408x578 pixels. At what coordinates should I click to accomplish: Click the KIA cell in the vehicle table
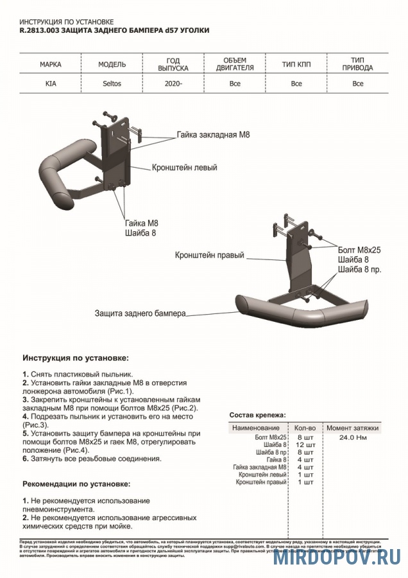(x=49, y=83)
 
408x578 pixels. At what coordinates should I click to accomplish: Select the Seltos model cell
(x=111, y=83)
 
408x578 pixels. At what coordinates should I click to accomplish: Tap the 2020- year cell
(x=173, y=83)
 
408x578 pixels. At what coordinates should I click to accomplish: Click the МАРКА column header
(x=50, y=65)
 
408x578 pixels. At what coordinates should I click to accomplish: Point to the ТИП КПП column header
(x=296, y=65)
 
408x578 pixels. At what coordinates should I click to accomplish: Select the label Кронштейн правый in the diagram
(x=209, y=255)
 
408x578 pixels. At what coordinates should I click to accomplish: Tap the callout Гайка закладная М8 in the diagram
(x=213, y=136)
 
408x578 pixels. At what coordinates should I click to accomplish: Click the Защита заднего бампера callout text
(x=140, y=313)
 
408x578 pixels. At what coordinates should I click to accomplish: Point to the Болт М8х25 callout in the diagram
(x=359, y=250)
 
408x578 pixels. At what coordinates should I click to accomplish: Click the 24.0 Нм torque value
(x=352, y=437)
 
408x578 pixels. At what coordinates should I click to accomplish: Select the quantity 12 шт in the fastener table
(x=305, y=445)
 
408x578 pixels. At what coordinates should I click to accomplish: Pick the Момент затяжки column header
(x=352, y=428)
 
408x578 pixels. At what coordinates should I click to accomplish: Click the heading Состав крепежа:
(x=258, y=415)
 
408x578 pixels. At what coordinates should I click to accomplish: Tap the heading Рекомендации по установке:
(x=76, y=483)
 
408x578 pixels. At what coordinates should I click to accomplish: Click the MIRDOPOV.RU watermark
(x=337, y=557)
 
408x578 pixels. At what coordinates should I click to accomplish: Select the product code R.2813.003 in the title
(x=41, y=30)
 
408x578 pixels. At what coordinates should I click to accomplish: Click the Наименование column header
(x=256, y=428)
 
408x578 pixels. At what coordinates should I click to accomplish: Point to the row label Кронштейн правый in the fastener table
(x=260, y=482)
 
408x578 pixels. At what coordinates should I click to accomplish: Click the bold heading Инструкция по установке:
(x=75, y=357)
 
